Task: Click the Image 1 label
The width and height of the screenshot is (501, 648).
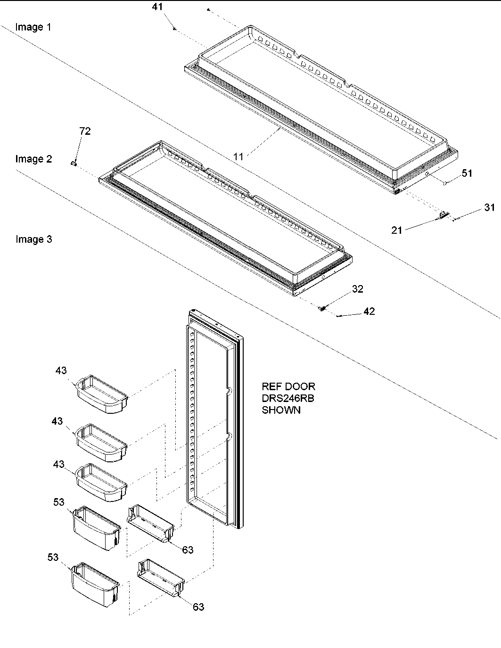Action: pyautogui.click(x=33, y=27)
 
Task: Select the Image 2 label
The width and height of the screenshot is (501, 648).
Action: pyautogui.click(x=33, y=159)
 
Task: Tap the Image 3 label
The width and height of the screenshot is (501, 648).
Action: pyautogui.click(x=33, y=239)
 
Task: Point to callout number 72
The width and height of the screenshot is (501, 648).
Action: pyautogui.click(x=85, y=131)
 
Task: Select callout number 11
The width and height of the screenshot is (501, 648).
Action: pyautogui.click(x=238, y=156)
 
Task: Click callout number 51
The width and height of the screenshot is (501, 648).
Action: pyautogui.click(x=467, y=173)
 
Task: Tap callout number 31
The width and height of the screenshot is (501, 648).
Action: pyautogui.click(x=489, y=207)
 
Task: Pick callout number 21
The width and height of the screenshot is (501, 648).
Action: pyautogui.click(x=397, y=230)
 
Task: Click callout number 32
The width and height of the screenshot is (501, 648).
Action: pyautogui.click(x=358, y=289)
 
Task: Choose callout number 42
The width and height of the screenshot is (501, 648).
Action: pyautogui.click(x=369, y=312)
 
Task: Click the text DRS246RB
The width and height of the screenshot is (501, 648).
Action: pyautogui.click(x=288, y=398)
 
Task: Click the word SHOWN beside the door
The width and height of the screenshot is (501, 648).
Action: pyautogui.click(x=281, y=410)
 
